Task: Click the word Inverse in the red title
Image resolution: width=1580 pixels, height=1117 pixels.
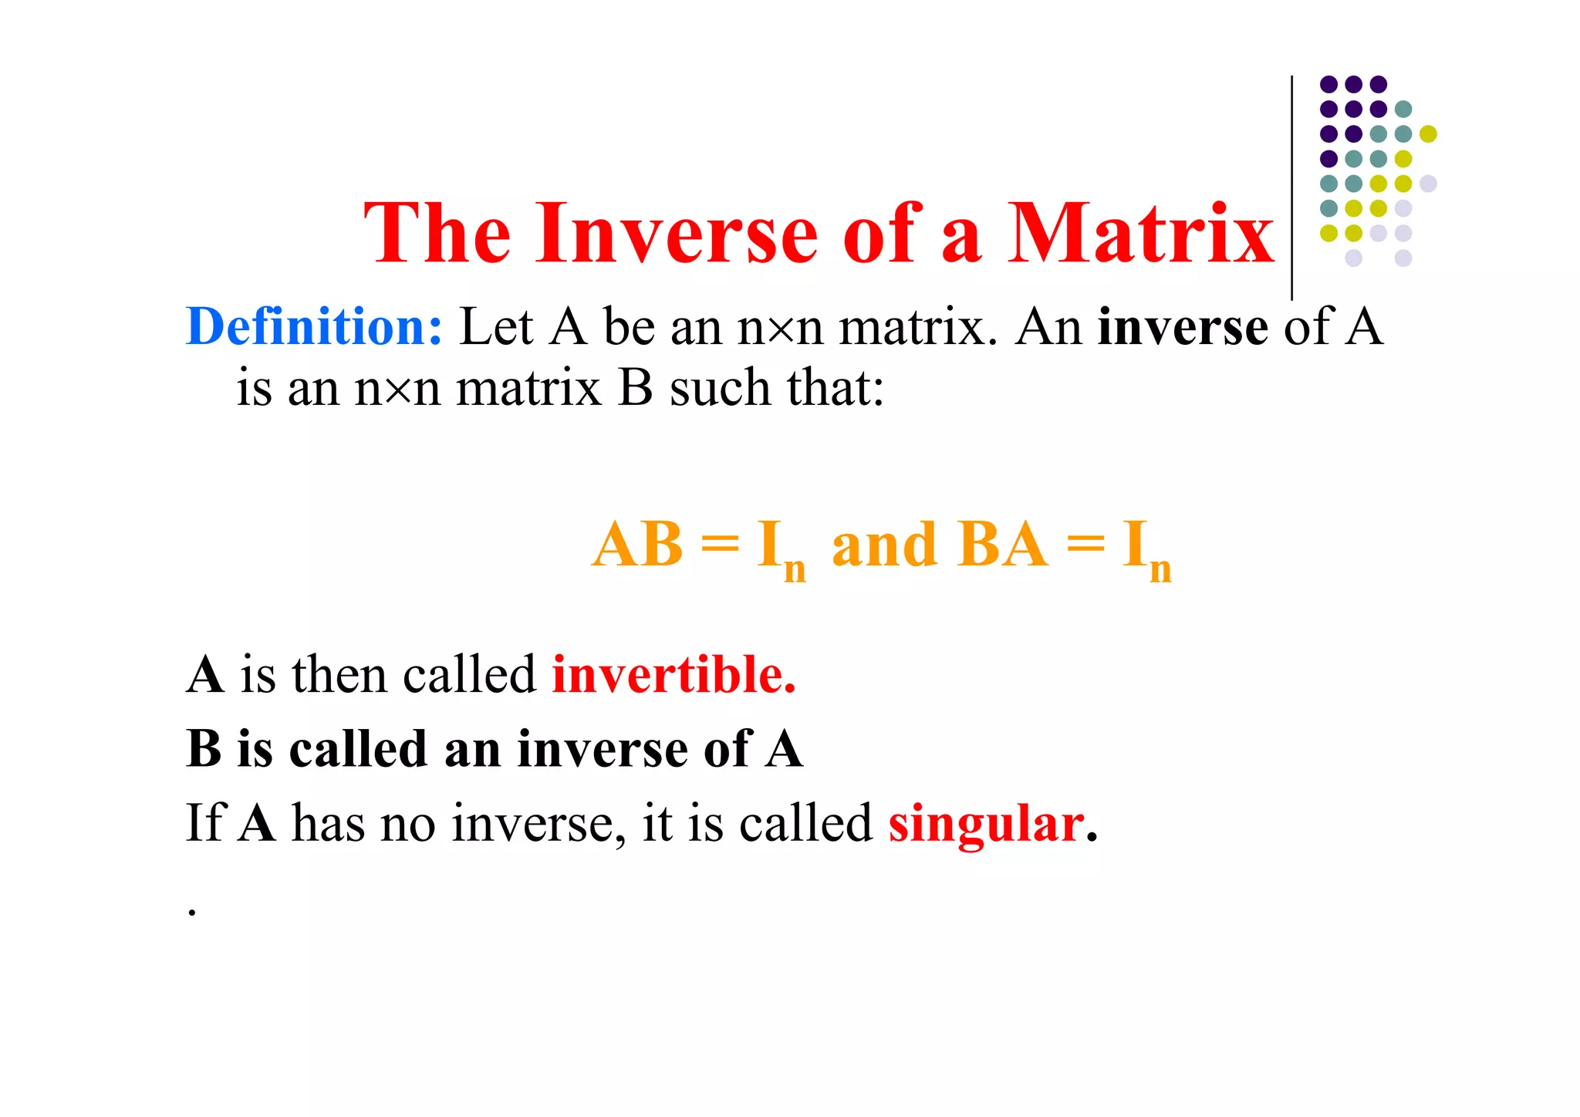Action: tap(677, 234)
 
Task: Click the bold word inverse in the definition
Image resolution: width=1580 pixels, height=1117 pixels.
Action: tap(1182, 327)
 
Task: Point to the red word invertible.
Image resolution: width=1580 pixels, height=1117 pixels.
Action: tap(674, 675)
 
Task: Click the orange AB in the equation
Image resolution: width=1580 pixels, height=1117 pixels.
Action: tap(637, 545)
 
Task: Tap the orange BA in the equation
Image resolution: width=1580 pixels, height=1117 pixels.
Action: tap(1001, 545)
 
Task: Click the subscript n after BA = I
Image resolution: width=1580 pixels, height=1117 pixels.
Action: tap(1160, 570)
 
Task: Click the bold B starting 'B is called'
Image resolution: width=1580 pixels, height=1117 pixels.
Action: tap(204, 749)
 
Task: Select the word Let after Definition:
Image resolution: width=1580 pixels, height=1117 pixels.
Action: tap(496, 327)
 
